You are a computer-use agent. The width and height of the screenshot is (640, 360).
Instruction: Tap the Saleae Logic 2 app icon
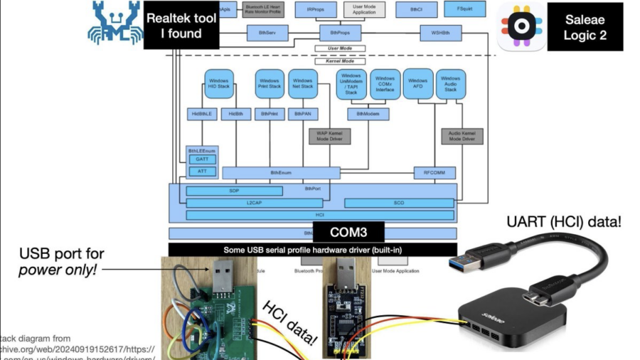click(x=521, y=26)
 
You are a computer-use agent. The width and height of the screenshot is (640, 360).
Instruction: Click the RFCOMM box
click(x=434, y=172)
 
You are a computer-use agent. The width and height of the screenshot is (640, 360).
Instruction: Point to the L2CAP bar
click(x=254, y=203)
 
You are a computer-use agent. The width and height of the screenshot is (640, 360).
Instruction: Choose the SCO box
click(x=399, y=203)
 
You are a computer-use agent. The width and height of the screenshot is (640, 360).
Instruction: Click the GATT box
click(x=201, y=160)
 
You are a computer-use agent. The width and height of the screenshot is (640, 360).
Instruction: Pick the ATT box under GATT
click(x=201, y=171)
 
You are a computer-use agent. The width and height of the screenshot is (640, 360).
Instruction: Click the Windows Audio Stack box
click(x=450, y=84)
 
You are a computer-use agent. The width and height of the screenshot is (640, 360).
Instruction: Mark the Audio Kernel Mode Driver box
click(x=462, y=136)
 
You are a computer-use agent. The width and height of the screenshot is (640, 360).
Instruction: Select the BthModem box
click(x=367, y=113)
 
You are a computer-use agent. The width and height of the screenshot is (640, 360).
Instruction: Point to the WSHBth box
click(x=441, y=33)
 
